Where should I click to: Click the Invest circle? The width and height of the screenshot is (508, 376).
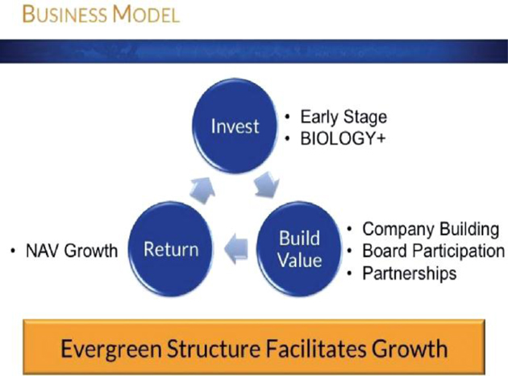(235, 126)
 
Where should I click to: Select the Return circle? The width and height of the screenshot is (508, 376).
(171, 249)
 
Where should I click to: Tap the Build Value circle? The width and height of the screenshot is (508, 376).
(299, 249)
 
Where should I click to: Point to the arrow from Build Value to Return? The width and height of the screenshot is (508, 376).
(236, 250)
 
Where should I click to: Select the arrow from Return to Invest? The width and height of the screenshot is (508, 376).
(202, 190)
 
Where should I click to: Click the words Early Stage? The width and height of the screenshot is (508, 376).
(344, 117)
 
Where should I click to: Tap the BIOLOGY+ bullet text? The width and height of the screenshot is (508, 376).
(343, 139)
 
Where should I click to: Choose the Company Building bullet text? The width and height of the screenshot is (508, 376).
(431, 230)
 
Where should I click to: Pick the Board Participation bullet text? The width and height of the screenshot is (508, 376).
(434, 251)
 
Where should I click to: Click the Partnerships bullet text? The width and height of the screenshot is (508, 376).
(410, 274)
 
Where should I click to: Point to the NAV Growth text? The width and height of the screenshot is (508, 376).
(72, 251)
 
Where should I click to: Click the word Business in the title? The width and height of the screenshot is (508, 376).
(65, 15)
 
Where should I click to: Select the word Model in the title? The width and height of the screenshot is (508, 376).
(146, 15)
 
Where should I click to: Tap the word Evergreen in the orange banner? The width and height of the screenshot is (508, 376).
(111, 349)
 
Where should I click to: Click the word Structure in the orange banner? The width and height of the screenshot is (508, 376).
(214, 349)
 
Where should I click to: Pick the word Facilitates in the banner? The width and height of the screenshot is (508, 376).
(316, 349)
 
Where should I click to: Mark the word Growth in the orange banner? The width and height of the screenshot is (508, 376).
(410, 349)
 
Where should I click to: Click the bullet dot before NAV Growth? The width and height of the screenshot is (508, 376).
(13, 251)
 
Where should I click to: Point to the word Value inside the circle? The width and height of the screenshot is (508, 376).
(300, 261)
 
